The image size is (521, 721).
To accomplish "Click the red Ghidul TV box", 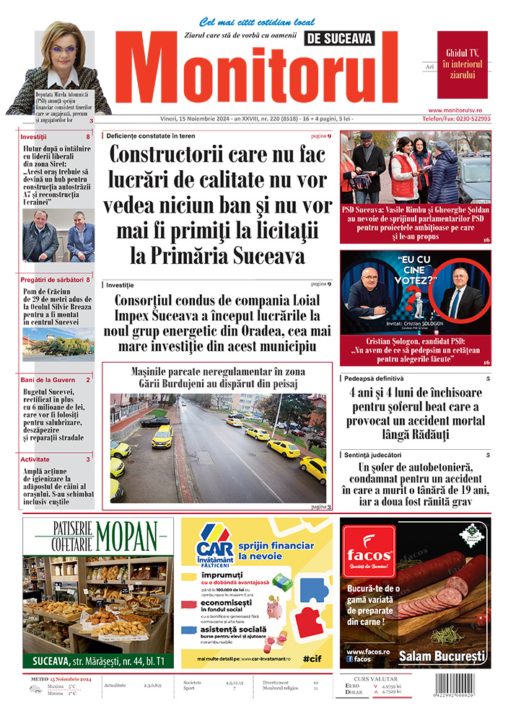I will pyautogui.click(x=462, y=65).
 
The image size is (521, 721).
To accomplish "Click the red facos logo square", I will pyautogui.click(x=368, y=552).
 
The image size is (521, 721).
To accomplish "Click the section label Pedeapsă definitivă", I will pyautogui.click(x=373, y=379).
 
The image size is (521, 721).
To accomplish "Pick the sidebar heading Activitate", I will pyautogui.click(x=35, y=459).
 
